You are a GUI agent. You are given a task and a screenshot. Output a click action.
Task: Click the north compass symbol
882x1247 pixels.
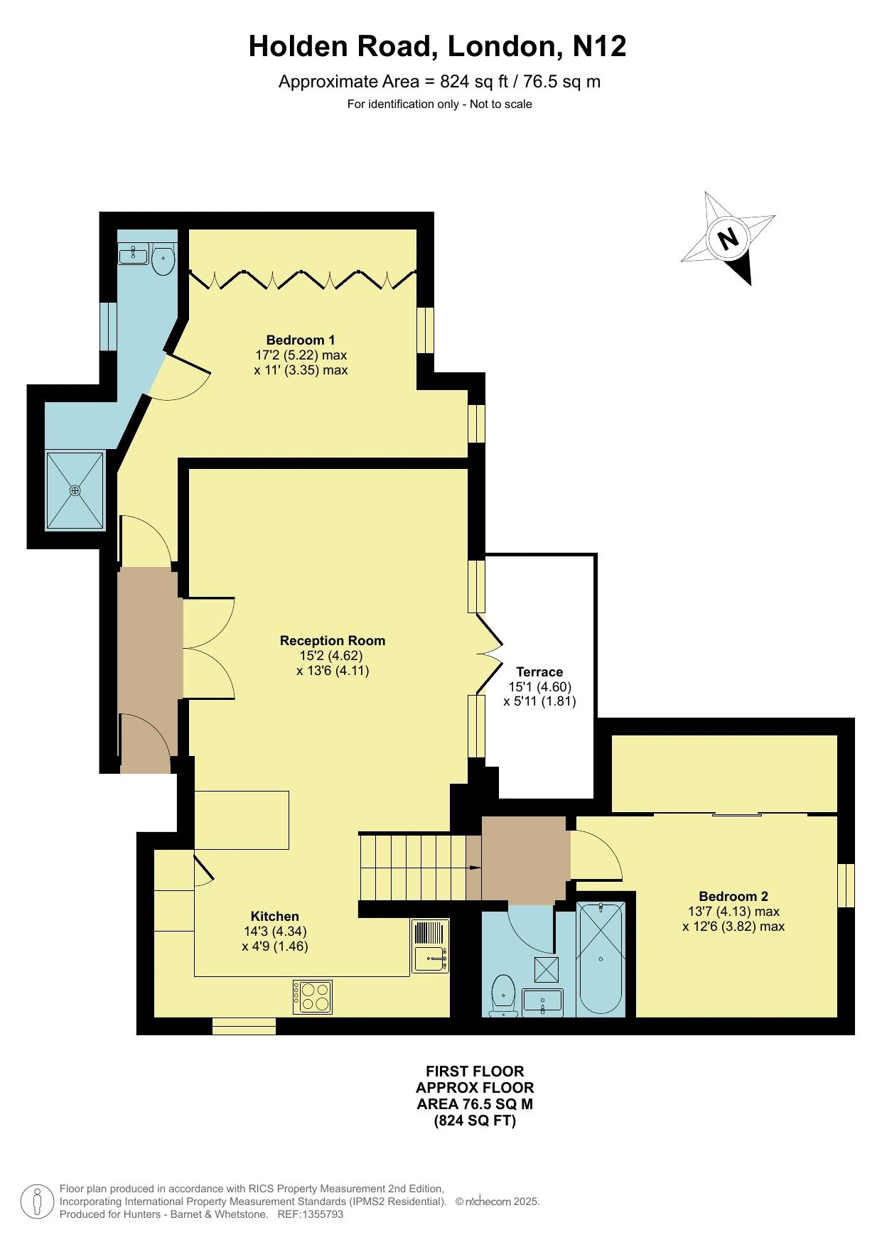pos(728,238)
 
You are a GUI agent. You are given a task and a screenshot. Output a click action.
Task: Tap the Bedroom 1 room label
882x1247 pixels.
pos(301,340)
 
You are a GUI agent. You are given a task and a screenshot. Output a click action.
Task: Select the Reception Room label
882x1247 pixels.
pos(333,640)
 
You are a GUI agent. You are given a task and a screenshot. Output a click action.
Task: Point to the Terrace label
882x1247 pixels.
pos(539,671)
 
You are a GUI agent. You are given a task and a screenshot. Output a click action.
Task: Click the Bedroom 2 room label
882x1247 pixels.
pos(733,896)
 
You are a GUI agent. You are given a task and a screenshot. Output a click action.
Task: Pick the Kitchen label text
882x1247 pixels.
pos(275,916)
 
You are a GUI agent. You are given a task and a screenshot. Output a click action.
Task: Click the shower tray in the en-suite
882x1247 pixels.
pos(75,490)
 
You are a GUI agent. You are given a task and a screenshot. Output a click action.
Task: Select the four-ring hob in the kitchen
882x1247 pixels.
pos(313,996)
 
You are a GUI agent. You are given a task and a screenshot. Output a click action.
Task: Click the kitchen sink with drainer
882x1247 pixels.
pos(431,945)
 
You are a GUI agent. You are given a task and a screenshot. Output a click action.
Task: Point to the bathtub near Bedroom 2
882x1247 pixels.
pos(601,959)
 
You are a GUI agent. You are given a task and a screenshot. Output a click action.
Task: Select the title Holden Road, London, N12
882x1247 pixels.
pos(438,47)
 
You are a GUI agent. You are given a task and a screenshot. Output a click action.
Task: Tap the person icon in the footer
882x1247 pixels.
pos(38,1202)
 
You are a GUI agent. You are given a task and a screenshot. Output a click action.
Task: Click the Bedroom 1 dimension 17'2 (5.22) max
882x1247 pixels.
pos(301,355)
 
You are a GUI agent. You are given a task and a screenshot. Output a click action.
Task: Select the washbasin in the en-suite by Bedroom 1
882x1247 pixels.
pos(132,254)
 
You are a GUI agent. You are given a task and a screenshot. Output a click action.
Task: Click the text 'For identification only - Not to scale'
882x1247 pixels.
pos(440,104)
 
